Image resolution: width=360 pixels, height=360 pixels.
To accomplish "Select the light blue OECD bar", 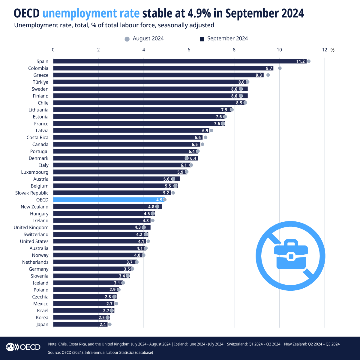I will [108, 200].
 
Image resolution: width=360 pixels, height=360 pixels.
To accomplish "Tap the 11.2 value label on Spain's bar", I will [300, 61].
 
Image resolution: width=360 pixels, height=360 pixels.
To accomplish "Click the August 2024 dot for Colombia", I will [280, 68].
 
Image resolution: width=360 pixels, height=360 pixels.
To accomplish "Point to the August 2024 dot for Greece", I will [268, 75].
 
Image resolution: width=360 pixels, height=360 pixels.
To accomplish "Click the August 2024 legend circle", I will [127, 39].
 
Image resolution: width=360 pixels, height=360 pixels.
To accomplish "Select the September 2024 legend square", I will [202, 39].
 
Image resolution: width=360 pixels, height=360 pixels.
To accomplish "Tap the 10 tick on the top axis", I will [279, 50].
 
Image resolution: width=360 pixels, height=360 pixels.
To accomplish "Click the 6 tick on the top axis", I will [189, 50].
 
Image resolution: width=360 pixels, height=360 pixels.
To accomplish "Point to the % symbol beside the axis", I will [332, 50].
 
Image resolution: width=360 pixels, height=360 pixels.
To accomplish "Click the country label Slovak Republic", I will [32, 193].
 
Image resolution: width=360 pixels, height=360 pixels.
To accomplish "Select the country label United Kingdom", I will [31, 227].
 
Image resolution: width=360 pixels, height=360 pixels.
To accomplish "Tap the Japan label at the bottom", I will [42, 324].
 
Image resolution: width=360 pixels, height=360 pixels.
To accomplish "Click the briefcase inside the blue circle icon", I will [291, 254].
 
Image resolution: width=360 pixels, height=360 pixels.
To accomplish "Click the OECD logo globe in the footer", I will [10, 347].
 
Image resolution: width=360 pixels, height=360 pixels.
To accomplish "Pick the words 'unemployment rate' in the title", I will [91, 13].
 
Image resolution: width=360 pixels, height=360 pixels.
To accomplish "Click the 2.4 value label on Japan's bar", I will [103, 325].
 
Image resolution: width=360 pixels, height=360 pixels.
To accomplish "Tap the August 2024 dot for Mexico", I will [116, 304].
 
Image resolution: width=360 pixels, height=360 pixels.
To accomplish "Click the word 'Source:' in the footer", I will [54, 352].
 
